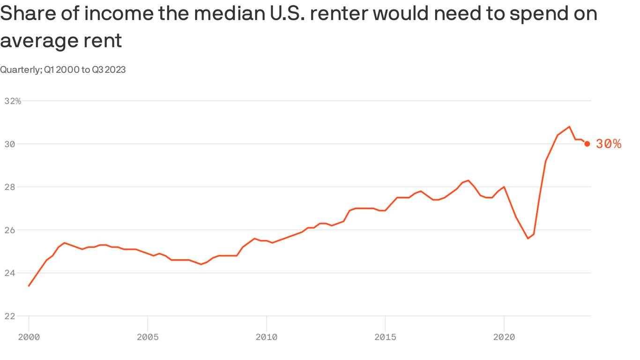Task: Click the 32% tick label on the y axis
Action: [13, 101]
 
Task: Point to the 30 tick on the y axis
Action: [9, 144]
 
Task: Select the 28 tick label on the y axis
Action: [9, 187]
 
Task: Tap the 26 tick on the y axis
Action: [9, 230]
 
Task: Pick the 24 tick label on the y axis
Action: [9, 273]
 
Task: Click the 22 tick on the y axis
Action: [9, 316]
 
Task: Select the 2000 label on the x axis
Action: [29, 337]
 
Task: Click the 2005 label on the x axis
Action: [148, 337]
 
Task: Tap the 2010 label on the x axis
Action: [266, 337]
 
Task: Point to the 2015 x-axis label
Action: [385, 337]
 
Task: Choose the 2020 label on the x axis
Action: [504, 337]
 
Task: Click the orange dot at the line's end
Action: [587, 144]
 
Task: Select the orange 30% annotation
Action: [609, 144]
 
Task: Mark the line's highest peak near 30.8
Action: [569, 127]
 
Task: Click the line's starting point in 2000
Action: [29, 285]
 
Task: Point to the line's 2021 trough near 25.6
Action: [528, 238]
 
